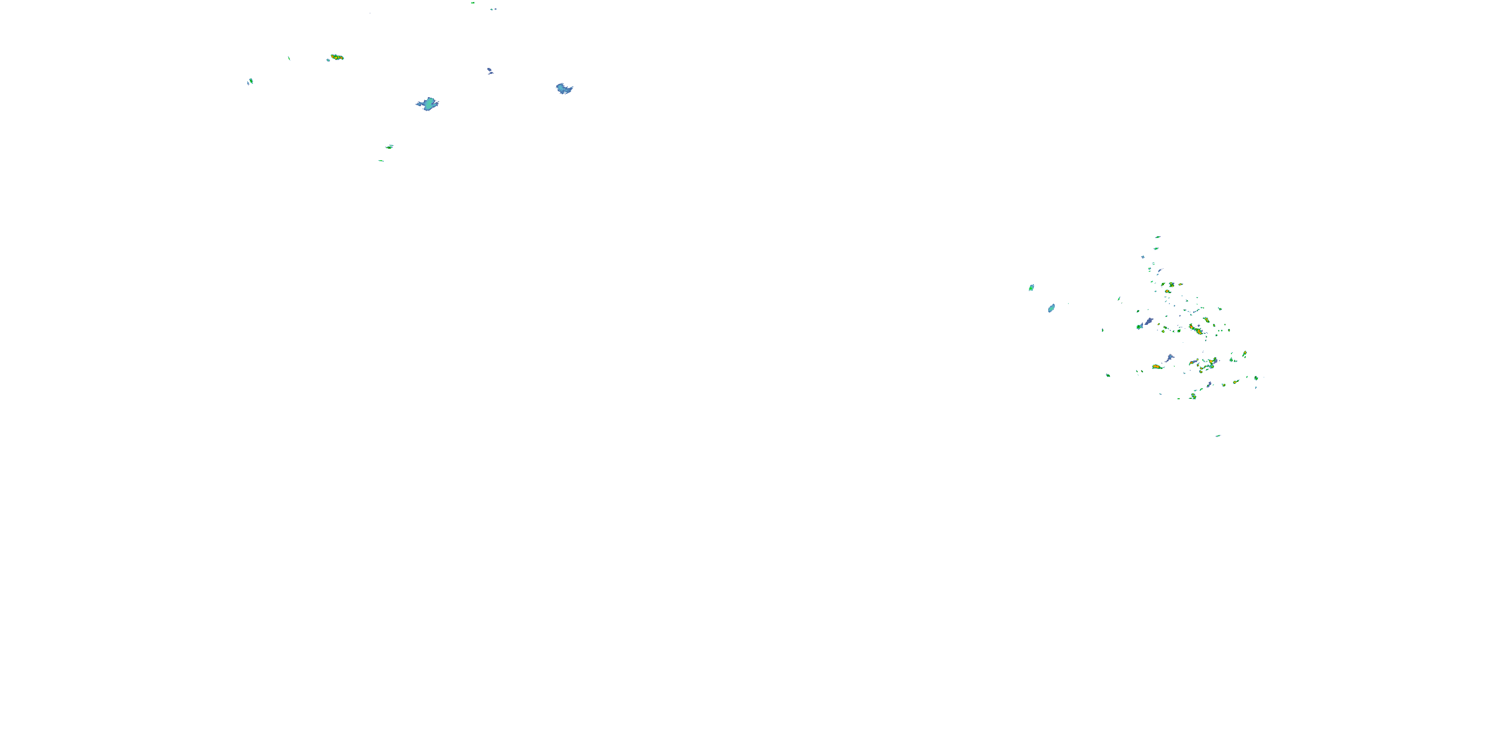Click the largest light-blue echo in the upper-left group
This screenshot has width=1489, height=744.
(x=428, y=104)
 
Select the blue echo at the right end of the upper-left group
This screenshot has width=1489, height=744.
(x=564, y=88)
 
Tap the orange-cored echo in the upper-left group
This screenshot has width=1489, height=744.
(x=337, y=57)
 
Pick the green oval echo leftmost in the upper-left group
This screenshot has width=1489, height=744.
(x=250, y=81)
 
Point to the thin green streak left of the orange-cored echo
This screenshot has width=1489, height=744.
(x=289, y=59)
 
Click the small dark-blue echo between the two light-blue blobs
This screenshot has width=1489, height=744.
(x=489, y=71)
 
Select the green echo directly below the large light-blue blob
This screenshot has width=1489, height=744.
(x=390, y=147)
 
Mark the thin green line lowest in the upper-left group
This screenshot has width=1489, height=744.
(x=381, y=161)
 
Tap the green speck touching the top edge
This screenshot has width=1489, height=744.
(x=473, y=2)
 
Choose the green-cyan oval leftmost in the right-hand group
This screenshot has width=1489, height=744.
(x=1031, y=287)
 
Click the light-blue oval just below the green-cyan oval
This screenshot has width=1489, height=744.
(x=1051, y=308)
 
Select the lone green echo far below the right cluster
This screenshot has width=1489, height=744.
(x=1218, y=435)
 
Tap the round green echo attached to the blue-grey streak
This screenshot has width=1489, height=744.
(x=1139, y=326)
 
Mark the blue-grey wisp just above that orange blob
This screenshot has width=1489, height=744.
(x=1170, y=358)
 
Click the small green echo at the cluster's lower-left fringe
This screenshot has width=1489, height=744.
(x=1108, y=375)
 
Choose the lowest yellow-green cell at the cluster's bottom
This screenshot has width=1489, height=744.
(x=1193, y=396)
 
